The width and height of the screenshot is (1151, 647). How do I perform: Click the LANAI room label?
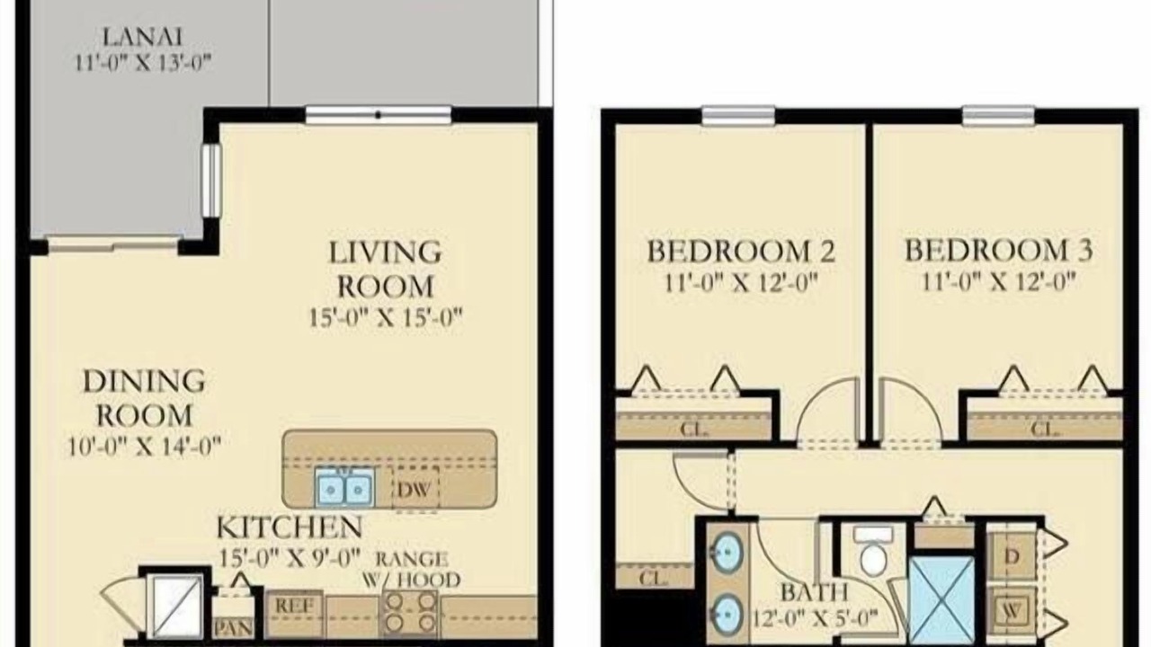[142, 37]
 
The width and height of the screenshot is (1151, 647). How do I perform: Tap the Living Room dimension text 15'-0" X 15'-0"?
[386, 317]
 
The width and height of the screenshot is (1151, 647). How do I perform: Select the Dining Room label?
[145, 398]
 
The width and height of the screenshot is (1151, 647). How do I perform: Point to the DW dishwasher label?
[415, 490]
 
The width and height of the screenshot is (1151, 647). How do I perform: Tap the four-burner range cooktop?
[410, 613]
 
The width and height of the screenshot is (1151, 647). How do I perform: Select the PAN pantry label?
[233, 627]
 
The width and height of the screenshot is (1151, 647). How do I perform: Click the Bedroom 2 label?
[740, 251]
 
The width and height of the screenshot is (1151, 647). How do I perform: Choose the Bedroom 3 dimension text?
[998, 282]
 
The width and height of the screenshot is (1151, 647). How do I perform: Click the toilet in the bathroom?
[873, 550]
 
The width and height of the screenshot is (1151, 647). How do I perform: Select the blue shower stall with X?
[941, 600]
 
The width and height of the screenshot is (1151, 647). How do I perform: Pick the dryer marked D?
[1012, 557]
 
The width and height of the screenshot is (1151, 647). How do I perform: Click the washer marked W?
[1012, 611]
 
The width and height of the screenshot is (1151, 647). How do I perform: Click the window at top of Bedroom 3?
[998, 116]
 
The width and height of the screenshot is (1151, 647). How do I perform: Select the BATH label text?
[814, 592]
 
